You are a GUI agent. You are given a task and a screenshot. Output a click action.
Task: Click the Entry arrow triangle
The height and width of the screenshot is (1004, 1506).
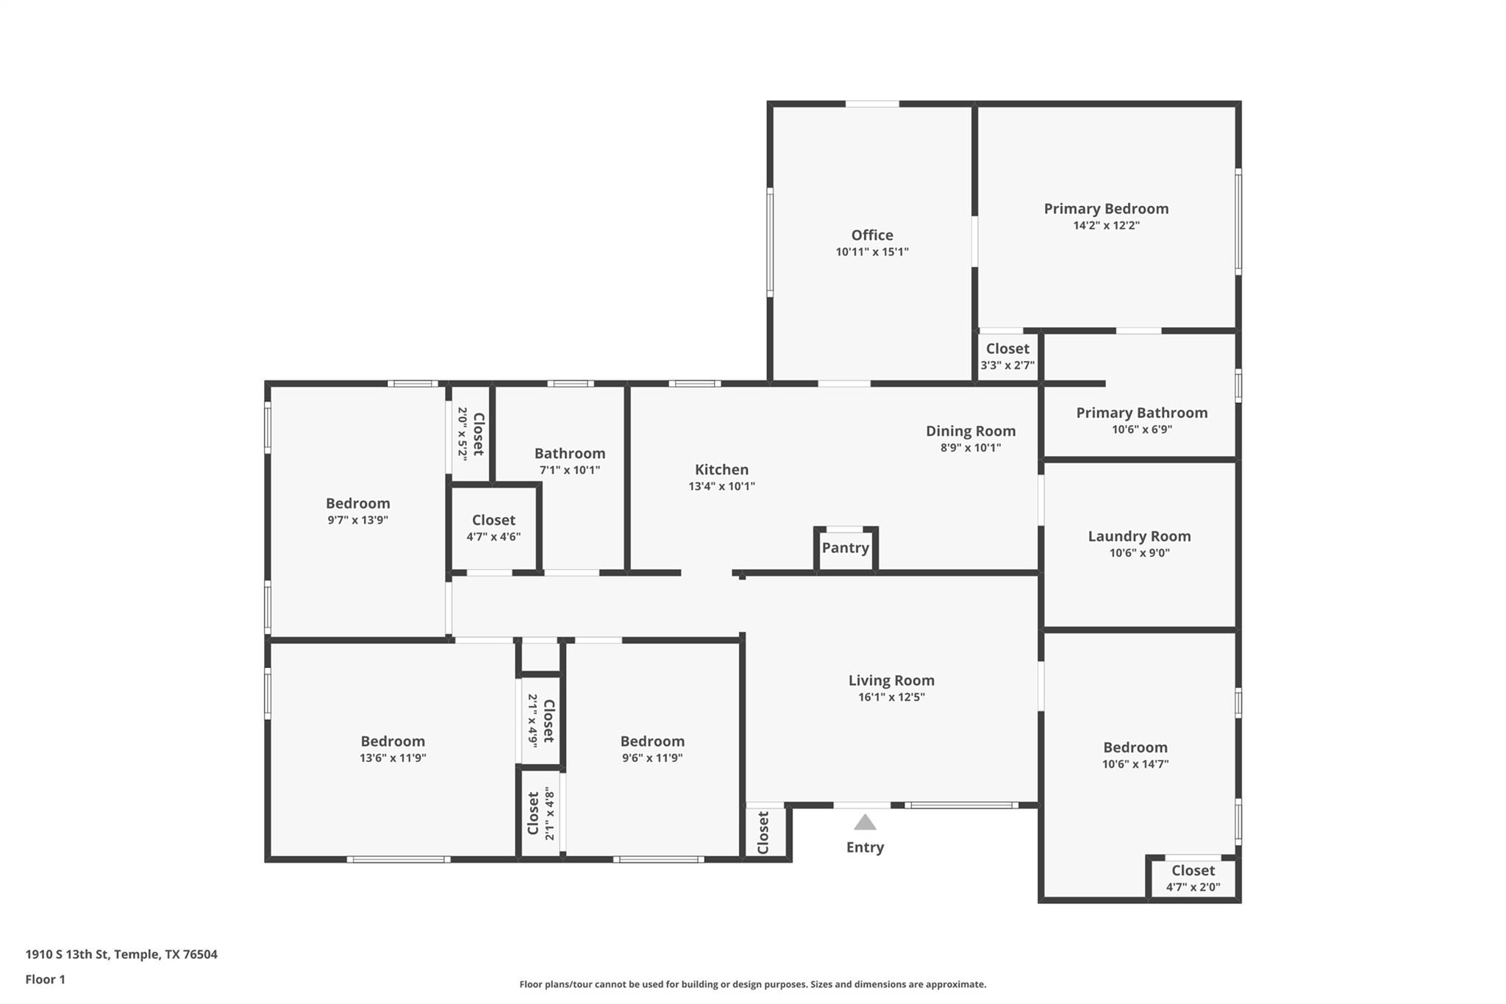click(x=865, y=822)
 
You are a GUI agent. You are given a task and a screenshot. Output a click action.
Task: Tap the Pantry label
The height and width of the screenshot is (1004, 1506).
click(x=845, y=548)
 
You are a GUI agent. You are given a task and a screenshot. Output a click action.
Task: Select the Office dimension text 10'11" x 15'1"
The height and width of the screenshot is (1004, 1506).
click(x=872, y=252)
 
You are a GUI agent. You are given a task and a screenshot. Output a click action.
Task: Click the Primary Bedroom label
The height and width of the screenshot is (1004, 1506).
click(x=1106, y=209)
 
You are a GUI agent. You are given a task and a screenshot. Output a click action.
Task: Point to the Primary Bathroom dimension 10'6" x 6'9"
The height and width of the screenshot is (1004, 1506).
click(x=1141, y=430)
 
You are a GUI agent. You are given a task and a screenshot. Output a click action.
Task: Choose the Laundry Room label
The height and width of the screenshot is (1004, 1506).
click(x=1139, y=536)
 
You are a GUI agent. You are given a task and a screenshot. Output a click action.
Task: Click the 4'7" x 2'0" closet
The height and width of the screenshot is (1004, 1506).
click(x=1193, y=878)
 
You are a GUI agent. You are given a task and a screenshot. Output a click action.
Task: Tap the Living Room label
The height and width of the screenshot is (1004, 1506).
click(x=891, y=680)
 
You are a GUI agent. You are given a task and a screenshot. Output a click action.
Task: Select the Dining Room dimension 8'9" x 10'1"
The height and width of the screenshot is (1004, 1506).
click(x=971, y=448)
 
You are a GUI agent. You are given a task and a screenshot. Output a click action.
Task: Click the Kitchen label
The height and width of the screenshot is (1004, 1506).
click(x=721, y=469)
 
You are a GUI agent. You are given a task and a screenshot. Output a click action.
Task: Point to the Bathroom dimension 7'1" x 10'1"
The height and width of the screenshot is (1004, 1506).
click(x=570, y=471)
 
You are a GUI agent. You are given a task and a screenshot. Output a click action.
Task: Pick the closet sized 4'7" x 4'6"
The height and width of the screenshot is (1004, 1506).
click(x=493, y=528)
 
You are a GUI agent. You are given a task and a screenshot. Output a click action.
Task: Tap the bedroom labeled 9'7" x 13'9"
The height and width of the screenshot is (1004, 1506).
click(x=357, y=510)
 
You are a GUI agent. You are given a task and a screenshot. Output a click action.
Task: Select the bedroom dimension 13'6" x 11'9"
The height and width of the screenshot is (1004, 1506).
click(x=393, y=758)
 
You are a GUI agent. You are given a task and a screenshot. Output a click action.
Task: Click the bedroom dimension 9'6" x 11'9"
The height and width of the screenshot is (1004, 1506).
click(x=652, y=758)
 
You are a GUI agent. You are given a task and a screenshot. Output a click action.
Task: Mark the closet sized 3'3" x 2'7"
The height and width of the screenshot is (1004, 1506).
click(x=1007, y=356)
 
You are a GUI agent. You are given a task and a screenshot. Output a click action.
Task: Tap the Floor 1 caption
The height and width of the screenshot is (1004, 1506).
click(x=46, y=980)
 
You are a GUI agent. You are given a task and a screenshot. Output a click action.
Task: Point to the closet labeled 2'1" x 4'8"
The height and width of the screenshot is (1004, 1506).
click(x=540, y=813)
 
